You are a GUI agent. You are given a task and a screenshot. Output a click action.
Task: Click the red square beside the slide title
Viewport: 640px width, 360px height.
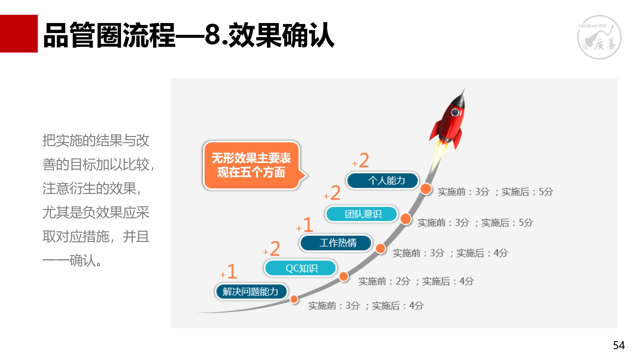pos(19,34)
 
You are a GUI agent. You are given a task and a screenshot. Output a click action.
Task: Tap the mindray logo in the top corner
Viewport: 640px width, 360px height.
pos(599,37)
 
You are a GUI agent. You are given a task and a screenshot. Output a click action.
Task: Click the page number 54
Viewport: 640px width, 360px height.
pos(619,345)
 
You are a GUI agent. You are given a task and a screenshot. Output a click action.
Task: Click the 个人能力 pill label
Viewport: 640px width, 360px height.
pos(383,180)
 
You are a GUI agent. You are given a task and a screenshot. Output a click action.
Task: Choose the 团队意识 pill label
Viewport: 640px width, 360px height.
pos(362,214)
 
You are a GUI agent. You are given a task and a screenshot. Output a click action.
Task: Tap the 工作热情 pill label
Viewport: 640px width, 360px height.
pos(336,243)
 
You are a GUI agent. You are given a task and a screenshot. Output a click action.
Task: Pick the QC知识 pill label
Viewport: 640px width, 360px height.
pos(300,268)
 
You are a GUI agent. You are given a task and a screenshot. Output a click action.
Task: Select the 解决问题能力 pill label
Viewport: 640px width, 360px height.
pos(251,292)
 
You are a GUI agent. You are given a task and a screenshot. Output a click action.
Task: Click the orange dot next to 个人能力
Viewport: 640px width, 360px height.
pos(426,189)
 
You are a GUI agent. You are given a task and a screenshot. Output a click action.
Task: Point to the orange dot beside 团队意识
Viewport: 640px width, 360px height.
pos(406,219)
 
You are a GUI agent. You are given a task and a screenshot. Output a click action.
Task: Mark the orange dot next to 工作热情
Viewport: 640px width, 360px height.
pos(380,248)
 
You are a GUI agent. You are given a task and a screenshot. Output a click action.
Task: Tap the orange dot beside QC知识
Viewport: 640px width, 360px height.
pos(344,276)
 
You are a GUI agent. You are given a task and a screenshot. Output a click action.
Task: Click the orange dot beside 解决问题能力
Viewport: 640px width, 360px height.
pos(294,299)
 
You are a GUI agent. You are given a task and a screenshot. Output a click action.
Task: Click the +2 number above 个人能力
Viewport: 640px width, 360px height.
pos(361,160)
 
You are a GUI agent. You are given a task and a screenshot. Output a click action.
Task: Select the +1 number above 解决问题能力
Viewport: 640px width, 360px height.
pos(229,271)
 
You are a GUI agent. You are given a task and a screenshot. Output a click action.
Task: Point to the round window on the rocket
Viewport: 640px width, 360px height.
pos(454,112)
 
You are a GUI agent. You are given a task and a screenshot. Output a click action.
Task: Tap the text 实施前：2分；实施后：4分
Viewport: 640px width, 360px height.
pos(416,281)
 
